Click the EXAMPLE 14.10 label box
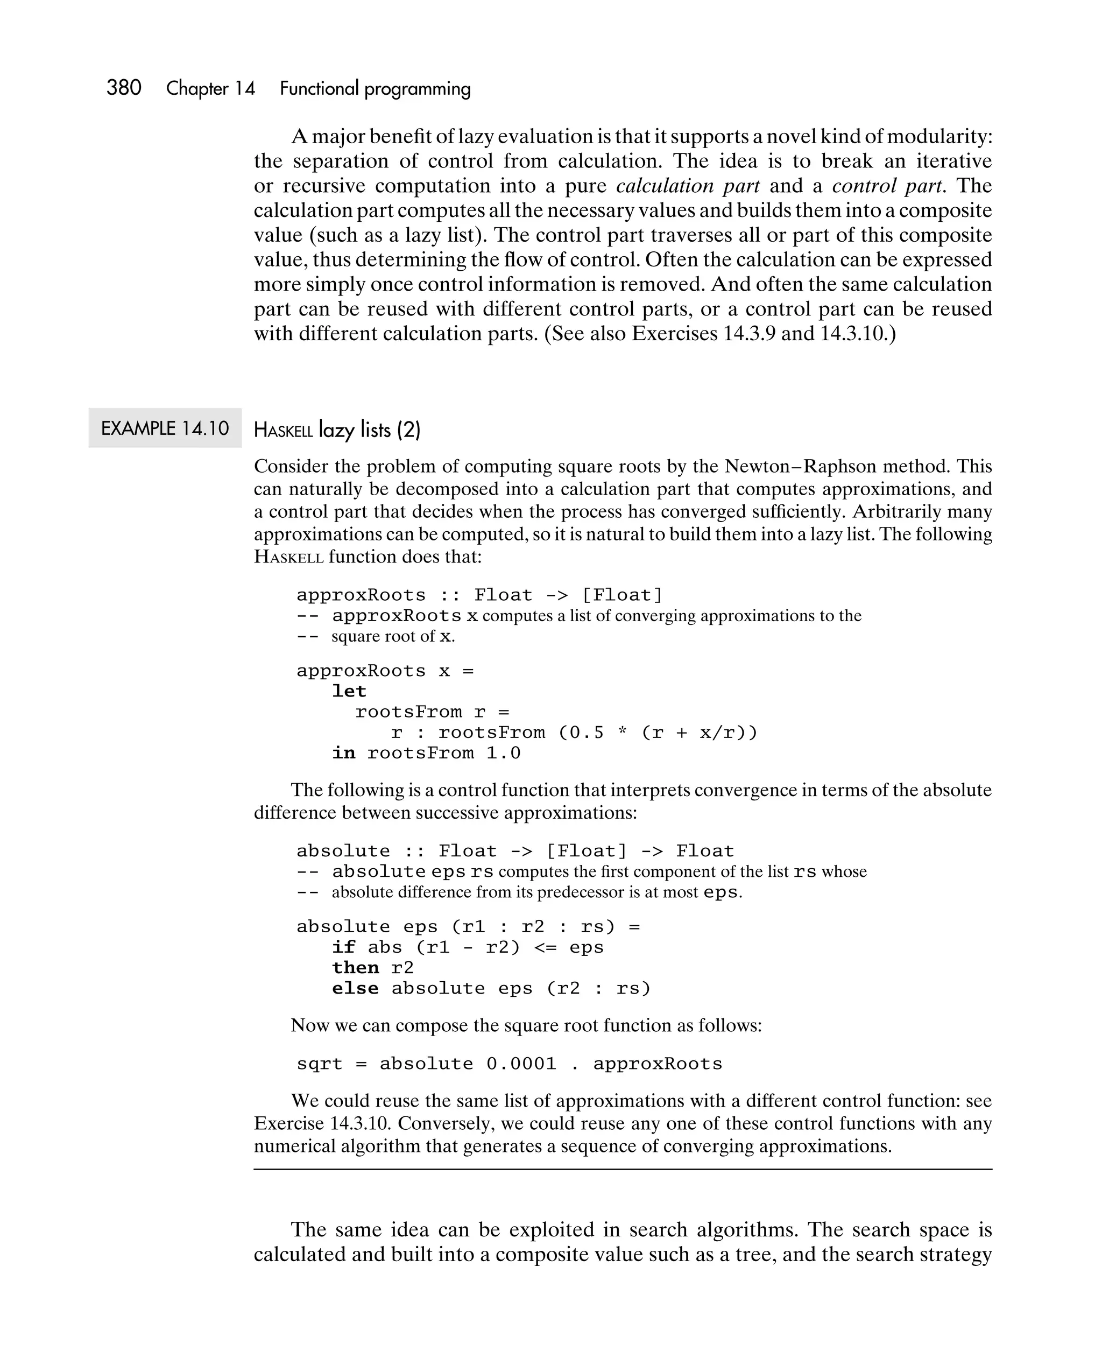point(165,428)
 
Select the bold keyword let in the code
point(349,691)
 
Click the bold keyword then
point(355,968)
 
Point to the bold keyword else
point(355,988)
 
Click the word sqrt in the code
point(320,1065)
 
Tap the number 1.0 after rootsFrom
point(503,754)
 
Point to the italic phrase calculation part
point(688,186)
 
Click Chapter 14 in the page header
point(210,88)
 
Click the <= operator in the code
point(545,947)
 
